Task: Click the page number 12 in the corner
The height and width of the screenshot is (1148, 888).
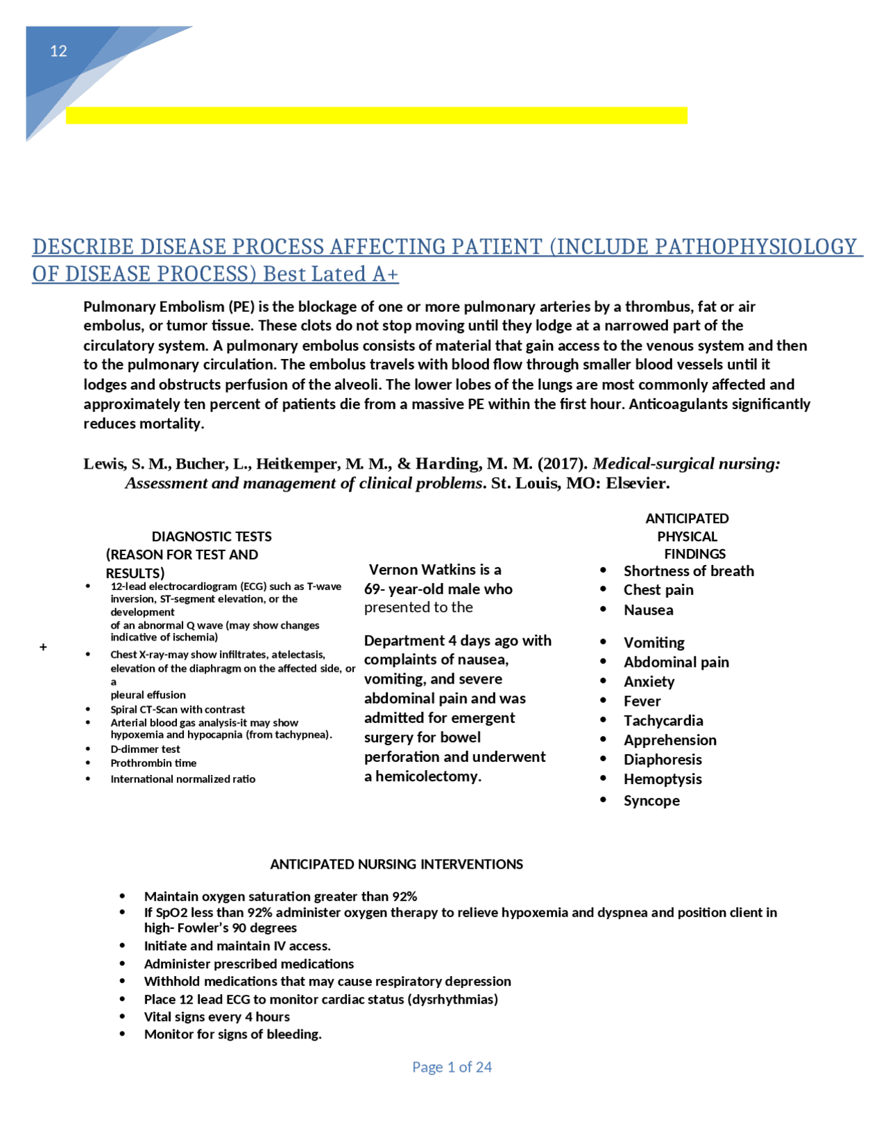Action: click(x=58, y=51)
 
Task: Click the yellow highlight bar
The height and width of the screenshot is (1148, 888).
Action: click(x=376, y=115)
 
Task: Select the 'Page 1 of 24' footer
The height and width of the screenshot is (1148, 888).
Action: click(x=452, y=1067)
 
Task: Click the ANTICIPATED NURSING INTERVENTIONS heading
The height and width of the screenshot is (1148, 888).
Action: click(x=396, y=864)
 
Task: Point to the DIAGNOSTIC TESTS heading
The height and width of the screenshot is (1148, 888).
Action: click(x=212, y=536)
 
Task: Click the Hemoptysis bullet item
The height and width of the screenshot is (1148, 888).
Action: click(x=662, y=779)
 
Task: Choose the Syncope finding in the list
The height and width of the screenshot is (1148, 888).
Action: click(x=651, y=801)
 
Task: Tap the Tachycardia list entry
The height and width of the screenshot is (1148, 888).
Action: click(x=663, y=721)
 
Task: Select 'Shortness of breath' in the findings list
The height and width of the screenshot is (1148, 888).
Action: click(x=688, y=571)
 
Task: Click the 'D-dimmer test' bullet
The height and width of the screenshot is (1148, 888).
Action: click(x=145, y=749)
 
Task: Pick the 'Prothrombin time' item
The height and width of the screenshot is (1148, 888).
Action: click(x=153, y=763)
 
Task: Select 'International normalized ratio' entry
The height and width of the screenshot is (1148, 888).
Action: click(x=182, y=779)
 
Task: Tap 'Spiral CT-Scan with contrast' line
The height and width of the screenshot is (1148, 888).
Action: click(x=178, y=709)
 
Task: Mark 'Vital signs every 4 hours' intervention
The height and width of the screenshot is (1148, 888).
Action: click(x=216, y=1017)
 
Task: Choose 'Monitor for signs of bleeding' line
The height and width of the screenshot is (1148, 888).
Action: click(x=232, y=1034)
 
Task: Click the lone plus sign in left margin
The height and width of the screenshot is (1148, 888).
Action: click(x=43, y=647)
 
